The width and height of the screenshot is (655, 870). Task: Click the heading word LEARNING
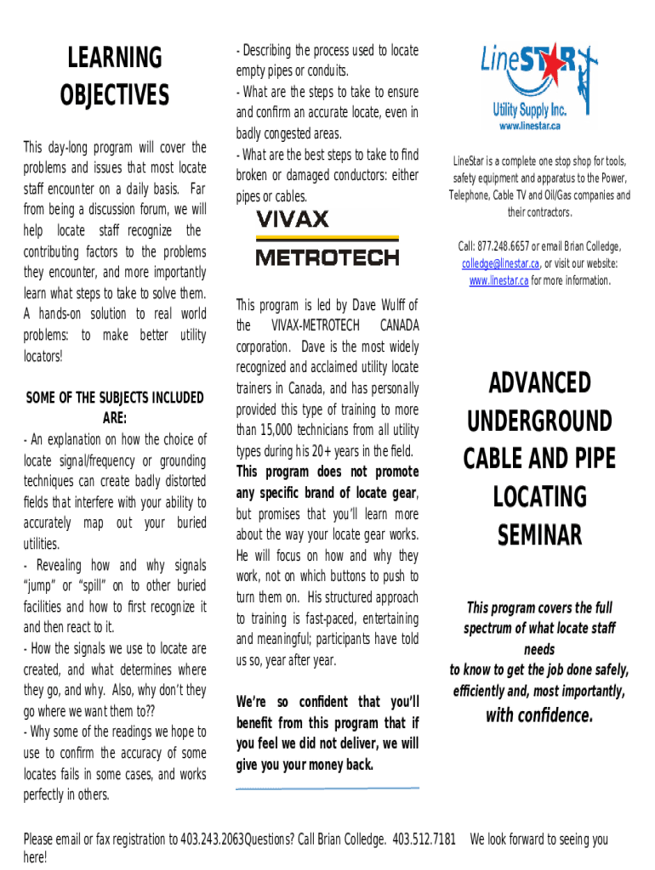pyautogui.click(x=114, y=59)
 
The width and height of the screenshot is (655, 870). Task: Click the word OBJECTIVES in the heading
pyautogui.click(x=114, y=95)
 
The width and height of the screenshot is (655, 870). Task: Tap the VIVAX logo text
pyautogui.click(x=292, y=219)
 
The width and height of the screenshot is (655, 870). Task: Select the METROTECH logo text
pyautogui.click(x=327, y=257)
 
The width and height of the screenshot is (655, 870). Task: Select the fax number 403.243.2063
pyautogui.click(x=212, y=839)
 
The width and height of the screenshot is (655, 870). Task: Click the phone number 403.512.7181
pyautogui.click(x=424, y=839)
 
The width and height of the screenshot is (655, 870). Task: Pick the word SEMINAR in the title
pyautogui.click(x=539, y=535)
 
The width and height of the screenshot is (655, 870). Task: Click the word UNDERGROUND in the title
pyautogui.click(x=539, y=421)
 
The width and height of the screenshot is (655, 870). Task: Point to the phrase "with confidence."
pyautogui.click(x=538, y=715)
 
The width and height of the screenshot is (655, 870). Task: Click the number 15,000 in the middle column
pyautogui.click(x=284, y=430)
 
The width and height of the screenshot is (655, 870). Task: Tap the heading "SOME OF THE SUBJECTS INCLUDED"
pyautogui.click(x=115, y=398)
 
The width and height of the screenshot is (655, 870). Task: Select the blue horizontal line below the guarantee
pyautogui.click(x=327, y=788)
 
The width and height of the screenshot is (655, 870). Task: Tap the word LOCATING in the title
pyautogui.click(x=539, y=497)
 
